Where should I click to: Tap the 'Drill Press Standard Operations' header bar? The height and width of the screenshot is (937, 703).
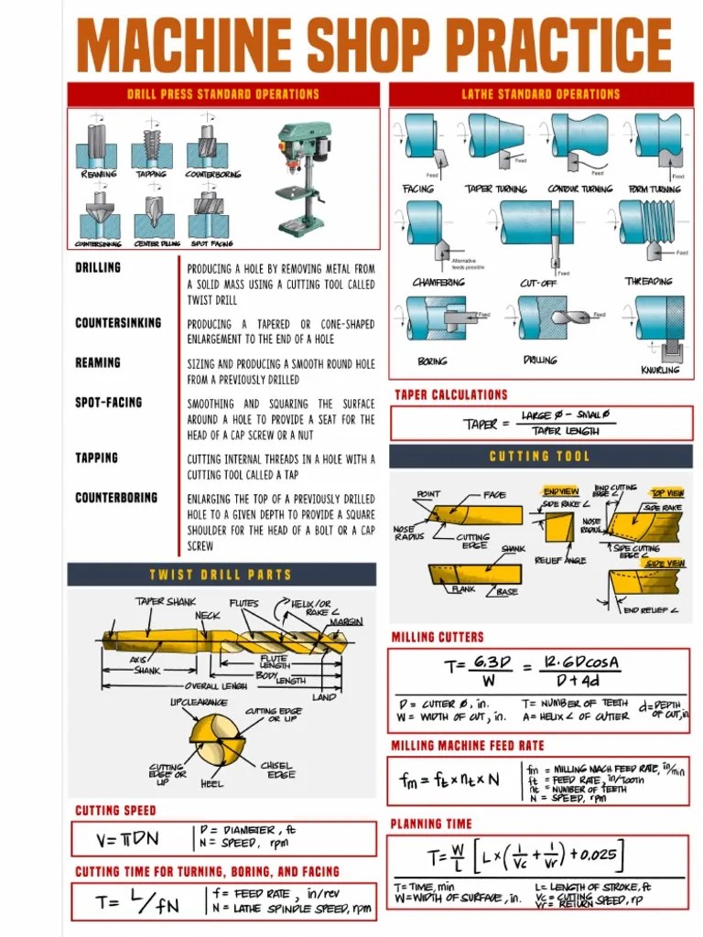tap(222, 94)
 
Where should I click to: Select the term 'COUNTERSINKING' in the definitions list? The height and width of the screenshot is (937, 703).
tap(117, 323)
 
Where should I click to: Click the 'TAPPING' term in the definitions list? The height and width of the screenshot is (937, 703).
tap(96, 458)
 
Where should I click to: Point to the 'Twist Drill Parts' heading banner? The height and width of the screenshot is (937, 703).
tap(221, 575)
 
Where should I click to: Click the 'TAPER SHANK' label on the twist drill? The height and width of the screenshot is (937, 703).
tap(166, 602)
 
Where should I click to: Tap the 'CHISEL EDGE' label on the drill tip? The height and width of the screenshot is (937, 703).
tap(277, 770)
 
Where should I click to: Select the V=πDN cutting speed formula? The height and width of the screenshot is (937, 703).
tap(127, 839)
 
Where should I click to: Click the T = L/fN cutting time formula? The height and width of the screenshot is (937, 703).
tap(138, 902)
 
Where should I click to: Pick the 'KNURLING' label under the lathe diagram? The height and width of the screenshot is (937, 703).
tap(660, 370)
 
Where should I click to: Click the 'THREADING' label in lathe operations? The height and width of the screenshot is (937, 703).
tap(648, 282)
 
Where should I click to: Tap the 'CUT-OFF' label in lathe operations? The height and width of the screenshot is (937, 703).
tap(538, 283)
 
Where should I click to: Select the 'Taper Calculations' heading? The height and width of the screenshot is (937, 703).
tap(450, 394)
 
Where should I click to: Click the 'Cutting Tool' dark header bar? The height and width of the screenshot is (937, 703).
tap(539, 456)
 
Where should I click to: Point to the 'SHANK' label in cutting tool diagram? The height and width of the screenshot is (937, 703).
tap(513, 549)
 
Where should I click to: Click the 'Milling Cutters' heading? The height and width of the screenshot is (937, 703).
tap(437, 637)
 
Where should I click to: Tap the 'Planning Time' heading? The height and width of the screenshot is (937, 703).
tap(431, 824)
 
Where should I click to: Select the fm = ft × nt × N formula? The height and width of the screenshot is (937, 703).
tap(449, 781)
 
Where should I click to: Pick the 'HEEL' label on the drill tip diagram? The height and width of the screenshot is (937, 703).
tap(211, 783)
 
